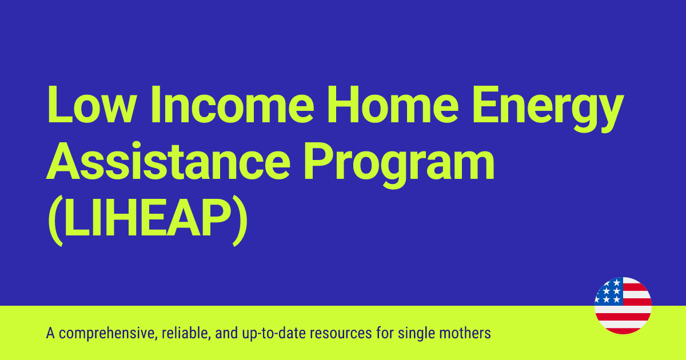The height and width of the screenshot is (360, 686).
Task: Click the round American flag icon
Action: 623,306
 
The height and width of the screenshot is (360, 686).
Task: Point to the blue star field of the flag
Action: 608,291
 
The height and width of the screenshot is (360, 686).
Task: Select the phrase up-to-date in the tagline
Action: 265,333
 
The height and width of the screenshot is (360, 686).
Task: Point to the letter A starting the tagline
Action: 50,333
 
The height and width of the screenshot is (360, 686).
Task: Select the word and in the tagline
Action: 221,333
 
